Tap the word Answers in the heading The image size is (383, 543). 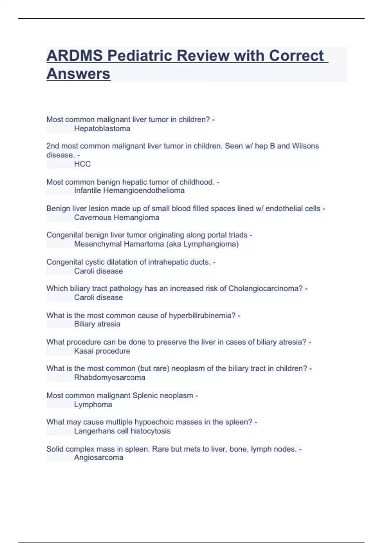[x=79, y=74]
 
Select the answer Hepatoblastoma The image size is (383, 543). [x=102, y=129]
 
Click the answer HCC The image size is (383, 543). [x=82, y=164]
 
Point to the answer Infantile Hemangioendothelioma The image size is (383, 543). [x=129, y=191]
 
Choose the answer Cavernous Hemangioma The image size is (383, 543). [x=116, y=218]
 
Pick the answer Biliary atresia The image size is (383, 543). [x=97, y=324]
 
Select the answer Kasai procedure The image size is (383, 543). [x=102, y=351]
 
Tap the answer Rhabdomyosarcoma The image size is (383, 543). [x=109, y=378]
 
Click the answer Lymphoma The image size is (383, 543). [x=93, y=405]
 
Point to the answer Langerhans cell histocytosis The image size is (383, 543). [x=122, y=431]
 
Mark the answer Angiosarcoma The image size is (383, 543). [x=99, y=458]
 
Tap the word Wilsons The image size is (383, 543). [x=305, y=146]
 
